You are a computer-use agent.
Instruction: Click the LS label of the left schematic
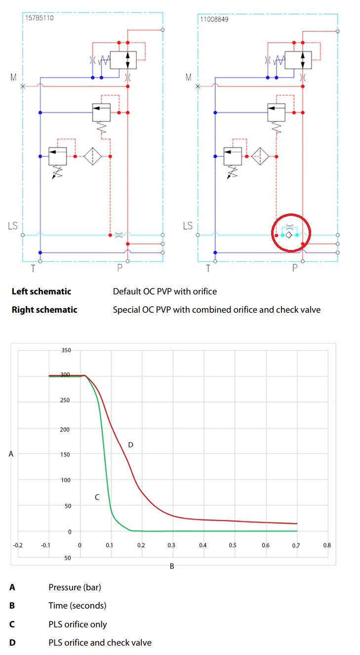12,226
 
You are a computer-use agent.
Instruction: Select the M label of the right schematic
188,77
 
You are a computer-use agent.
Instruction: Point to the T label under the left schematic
33,268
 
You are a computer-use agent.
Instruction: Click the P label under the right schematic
295,268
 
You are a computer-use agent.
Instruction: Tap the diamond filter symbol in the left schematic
92,156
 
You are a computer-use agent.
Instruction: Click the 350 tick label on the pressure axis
66,350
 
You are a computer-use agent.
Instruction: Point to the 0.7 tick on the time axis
296,545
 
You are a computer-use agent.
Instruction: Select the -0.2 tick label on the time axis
17,545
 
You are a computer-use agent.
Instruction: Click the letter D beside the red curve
130,445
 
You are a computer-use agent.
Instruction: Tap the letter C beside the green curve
97,497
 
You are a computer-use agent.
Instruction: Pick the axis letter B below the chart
172,566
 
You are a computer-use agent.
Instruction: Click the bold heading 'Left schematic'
41,291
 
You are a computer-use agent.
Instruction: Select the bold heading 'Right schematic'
44,310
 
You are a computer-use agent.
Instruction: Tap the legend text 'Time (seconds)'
78,606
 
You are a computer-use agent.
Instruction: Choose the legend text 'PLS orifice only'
78,624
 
